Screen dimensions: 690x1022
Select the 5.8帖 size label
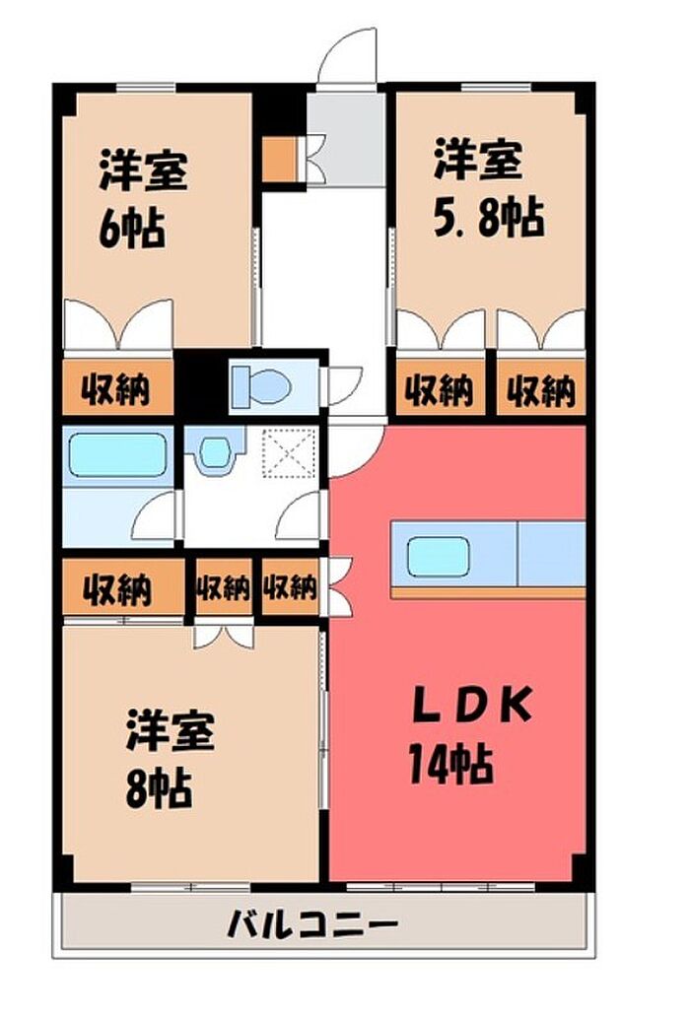click(489, 218)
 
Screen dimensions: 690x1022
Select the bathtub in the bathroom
click(116, 455)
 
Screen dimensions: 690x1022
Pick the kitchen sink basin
click(439, 557)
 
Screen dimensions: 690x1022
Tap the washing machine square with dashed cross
click(289, 453)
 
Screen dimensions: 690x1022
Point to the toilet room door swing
click(344, 385)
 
